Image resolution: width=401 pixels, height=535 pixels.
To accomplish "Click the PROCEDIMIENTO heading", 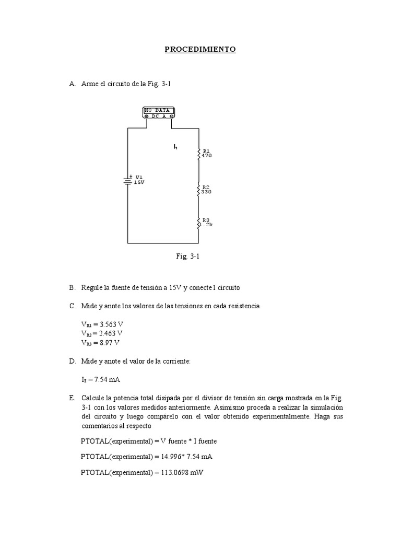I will (x=200, y=50).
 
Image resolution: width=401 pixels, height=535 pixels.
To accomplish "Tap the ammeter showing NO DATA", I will (x=159, y=113).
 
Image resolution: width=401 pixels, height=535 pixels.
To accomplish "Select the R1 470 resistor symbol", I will (x=198, y=153).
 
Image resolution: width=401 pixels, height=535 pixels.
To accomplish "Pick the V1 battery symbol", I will (x=128, y=180).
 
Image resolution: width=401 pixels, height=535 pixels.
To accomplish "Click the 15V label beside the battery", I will (x=139, y=183).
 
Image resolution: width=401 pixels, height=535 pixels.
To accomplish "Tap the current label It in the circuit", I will (x=175, y=147).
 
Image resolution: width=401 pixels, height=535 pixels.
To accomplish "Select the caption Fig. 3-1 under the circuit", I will (x=188, y=257).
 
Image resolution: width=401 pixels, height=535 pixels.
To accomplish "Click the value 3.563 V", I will (x=112, y=324).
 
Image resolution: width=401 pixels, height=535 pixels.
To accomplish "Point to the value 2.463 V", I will (x=112, y=333).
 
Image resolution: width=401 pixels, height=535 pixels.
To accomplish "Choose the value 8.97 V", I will (x=110, y=343).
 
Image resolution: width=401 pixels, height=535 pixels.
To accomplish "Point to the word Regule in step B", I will (x=92, y=288).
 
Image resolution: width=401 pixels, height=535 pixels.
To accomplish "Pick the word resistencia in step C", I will (x=243, y=306).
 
